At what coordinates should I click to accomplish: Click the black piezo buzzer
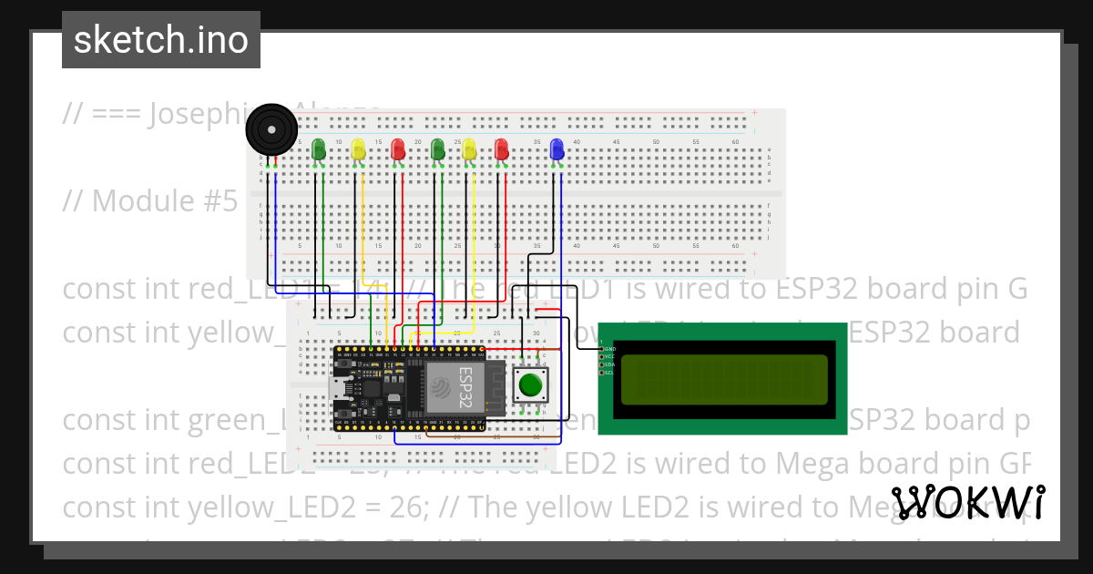point(271,130)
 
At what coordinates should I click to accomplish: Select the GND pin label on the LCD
point(608,348)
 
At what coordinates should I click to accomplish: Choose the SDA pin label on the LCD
point(608,364)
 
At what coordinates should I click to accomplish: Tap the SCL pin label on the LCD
point(608,373)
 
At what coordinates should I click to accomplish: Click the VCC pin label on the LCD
point(608,356)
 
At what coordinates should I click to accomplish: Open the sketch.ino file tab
point(160,40)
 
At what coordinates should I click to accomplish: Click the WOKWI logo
point(968,503)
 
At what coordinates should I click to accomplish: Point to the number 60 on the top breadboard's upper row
point(735,142)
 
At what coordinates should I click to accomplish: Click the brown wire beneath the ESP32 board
point(474,436)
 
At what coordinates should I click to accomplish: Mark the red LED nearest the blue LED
point(500,150)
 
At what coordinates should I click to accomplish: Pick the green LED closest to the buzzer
point(318,149)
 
